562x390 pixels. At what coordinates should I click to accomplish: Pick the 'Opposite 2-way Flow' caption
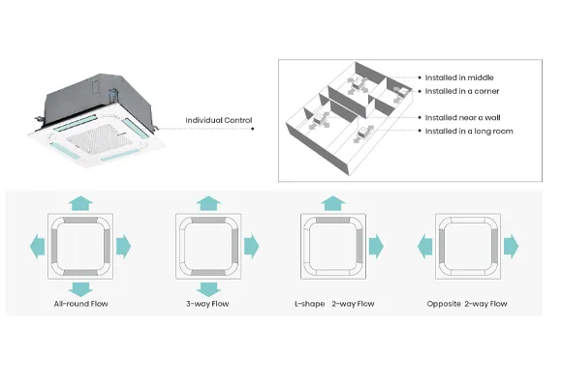point(466,304)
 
